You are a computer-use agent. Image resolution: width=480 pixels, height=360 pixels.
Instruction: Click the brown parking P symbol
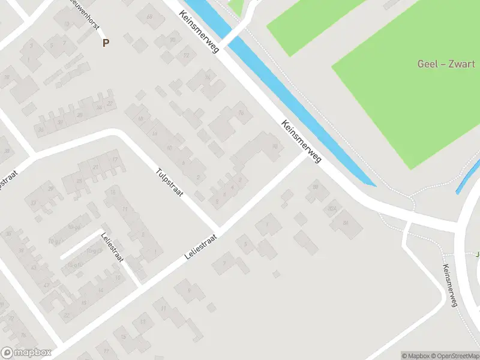coord(106,43)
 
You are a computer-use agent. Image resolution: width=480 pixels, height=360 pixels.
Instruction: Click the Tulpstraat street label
coord(170,182)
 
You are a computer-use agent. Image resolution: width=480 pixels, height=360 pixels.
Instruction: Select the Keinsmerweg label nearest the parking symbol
coord(199,34)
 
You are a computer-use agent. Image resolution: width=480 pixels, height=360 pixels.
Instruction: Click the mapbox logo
coord(26,353)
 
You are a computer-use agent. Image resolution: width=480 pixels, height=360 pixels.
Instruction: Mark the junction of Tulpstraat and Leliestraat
coord(217,230)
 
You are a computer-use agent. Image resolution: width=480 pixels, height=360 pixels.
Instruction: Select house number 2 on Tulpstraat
coord(198,178)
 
